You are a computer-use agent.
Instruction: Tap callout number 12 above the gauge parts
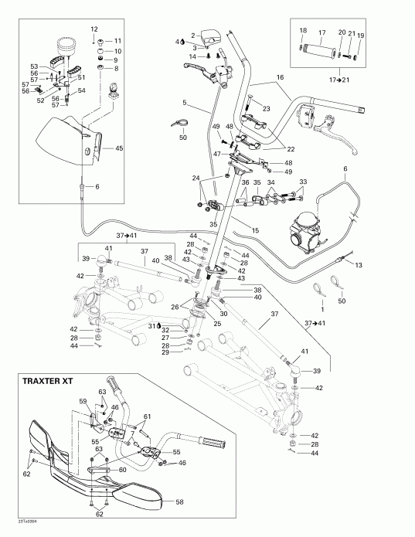pos(94,29)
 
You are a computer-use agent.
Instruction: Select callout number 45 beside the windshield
pos(119,148)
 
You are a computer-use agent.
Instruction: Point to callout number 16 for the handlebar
pos(281,78)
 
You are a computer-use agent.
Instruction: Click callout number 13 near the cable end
pos(358,265)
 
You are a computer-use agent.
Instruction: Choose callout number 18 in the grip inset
pos(303,31)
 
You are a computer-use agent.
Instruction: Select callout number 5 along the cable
pos(185,102)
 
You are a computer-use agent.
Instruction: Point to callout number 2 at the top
pos(193,36)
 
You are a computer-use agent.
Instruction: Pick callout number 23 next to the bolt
pos(267,108)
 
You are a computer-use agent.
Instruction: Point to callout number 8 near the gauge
pos(117,69)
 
